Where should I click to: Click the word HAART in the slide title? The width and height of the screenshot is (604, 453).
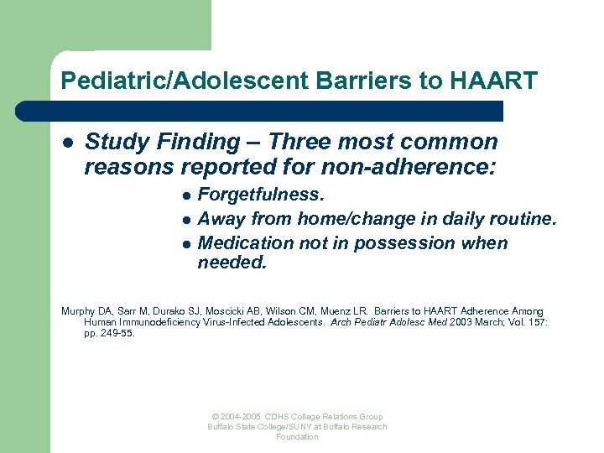[x=495, y=81]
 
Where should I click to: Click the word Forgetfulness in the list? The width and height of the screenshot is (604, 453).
[x=260, y=195]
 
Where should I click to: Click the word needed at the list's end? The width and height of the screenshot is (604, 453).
[x=232, y=263]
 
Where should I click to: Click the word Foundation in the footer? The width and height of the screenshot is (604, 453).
[x=297, y=437]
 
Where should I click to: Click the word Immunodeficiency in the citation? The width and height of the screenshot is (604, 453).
[x=156, y=322]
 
